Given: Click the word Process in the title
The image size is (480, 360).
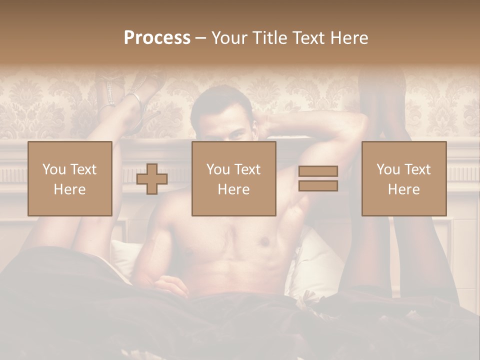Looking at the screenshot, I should point(157,38).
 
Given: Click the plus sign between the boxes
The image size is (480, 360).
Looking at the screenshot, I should point(152,179).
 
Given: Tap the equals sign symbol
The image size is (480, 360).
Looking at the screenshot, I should point(318,178).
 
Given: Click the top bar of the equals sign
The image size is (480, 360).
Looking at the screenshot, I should point(318,171).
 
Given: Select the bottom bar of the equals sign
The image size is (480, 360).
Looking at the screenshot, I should point(318,186).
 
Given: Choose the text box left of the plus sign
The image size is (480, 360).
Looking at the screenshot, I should point(70,178).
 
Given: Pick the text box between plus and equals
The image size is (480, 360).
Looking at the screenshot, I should point(233,178).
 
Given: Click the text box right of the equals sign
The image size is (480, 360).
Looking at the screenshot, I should point(404,178).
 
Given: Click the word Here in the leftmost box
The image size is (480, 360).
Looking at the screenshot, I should point(69,189).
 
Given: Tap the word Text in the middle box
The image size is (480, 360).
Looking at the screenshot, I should point(248,169).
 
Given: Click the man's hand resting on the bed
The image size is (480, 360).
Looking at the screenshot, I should point(170,286).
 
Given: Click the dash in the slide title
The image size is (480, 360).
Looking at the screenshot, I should point(200,38).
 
